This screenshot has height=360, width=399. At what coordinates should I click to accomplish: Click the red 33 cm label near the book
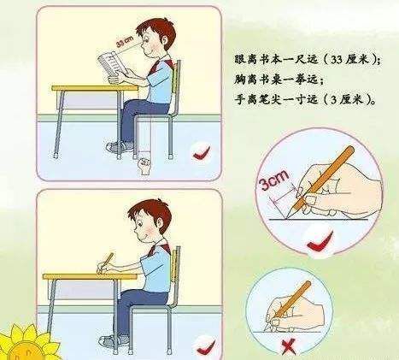pos(125,43)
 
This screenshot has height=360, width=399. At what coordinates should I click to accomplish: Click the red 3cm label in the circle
pos(274,180)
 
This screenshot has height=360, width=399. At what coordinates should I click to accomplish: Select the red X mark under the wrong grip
pos(288,347)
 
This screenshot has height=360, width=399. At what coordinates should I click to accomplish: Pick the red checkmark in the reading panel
pos(202,153)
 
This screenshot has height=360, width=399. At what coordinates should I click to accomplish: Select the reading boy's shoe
pos(120,147)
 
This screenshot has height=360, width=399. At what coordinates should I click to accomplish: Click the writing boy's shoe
pos(114,340)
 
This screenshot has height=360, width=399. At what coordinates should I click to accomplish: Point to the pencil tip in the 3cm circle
pos(287,218)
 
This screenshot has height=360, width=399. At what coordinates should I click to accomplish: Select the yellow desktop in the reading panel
pos(95,88)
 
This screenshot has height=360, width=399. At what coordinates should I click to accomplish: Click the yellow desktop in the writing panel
pos(90,276)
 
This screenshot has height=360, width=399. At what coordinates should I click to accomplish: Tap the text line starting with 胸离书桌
pos(279,80)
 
